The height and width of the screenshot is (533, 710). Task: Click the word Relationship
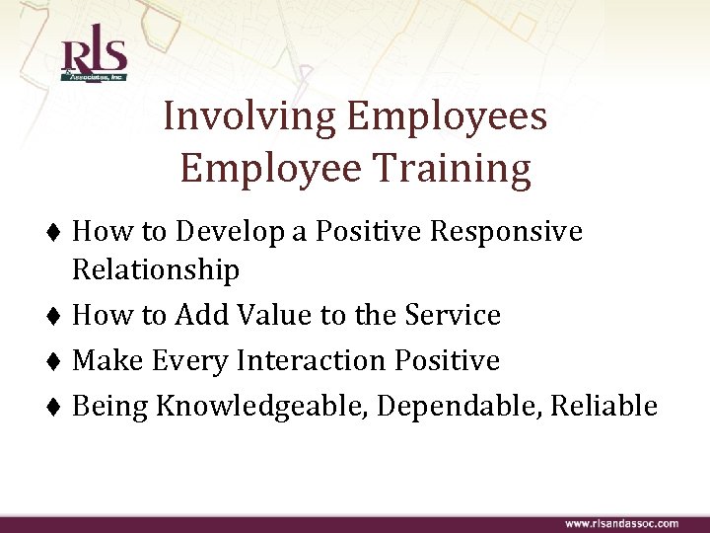[x=156, y=269]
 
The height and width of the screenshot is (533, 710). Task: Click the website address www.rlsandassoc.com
[x=621, y=522]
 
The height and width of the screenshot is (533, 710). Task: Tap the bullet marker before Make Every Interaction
[x=57, y=362]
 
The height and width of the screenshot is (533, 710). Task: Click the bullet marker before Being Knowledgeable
[x=57, y=407]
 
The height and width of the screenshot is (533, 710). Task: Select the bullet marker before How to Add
[x=57, y=317]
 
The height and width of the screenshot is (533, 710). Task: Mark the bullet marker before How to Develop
[x=57, y=233]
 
